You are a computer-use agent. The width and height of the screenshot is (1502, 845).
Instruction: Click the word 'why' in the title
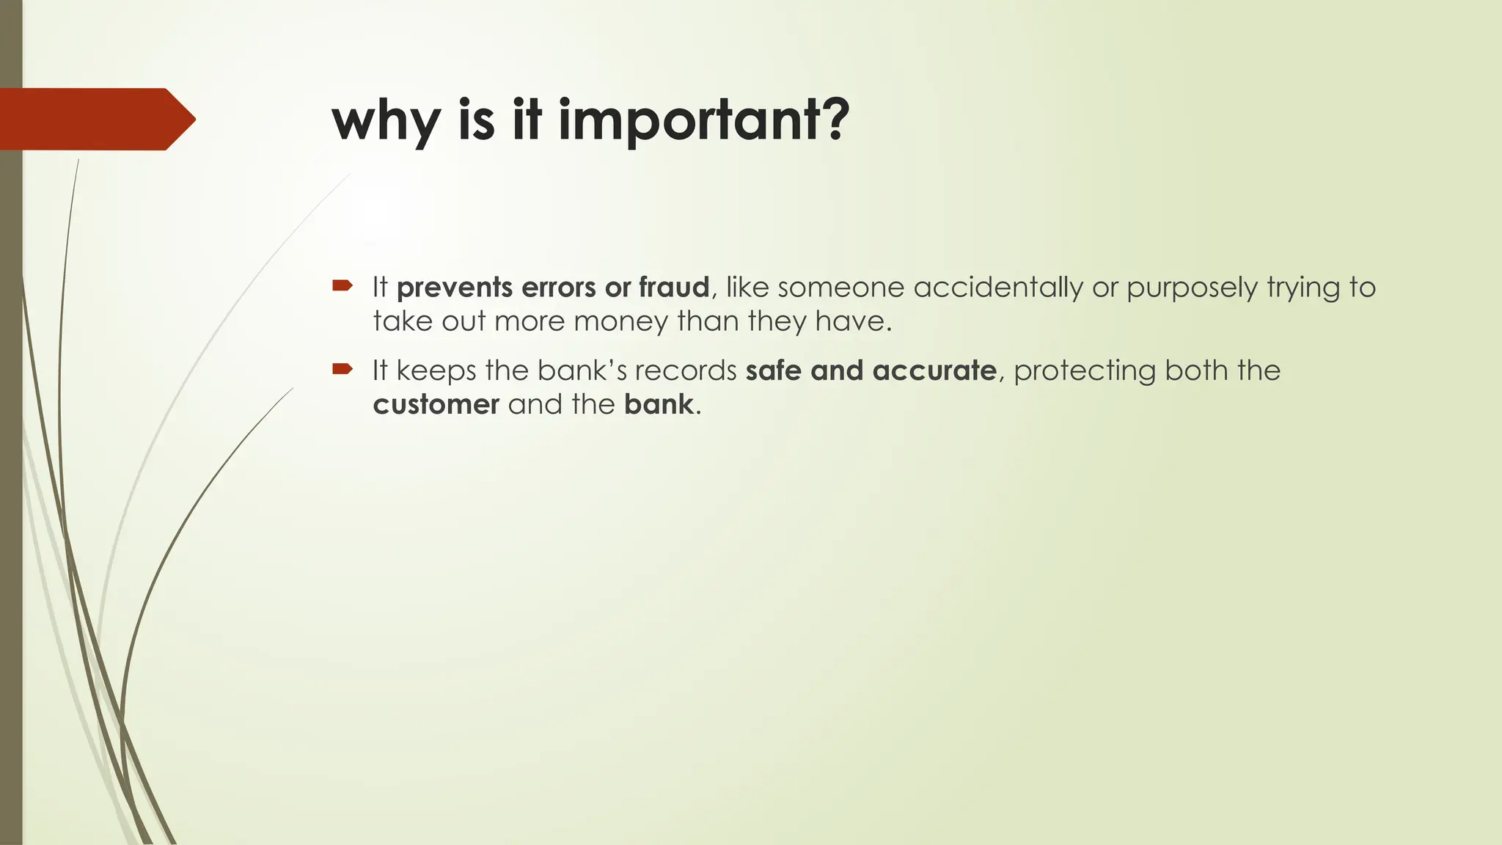[x=386, y=121]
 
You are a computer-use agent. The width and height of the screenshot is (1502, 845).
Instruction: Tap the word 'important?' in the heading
[x=704, y=121]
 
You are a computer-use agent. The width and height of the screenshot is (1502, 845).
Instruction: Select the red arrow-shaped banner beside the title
[x=95, y=119]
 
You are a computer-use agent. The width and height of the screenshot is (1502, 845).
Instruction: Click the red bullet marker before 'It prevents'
[x=342, y=285]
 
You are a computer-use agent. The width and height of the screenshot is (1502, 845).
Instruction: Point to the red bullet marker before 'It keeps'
[x=342, y=368]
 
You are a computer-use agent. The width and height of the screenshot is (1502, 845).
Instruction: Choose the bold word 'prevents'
[x=455, y=288]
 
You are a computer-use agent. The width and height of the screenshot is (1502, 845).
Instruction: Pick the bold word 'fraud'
[x=674, y=288]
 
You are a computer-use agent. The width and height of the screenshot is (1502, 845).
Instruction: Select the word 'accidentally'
[x=998, y=288]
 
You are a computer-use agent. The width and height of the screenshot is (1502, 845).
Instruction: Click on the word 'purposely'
[x=1193, y=288]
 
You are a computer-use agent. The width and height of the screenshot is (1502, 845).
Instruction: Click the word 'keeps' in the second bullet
[x=436, y=371]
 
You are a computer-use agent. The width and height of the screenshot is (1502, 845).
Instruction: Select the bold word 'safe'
[x=774, y=371]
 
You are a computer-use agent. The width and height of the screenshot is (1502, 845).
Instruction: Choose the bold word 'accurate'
[x=934, y=371]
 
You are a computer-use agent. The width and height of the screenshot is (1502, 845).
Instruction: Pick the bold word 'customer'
[x=436, y=405]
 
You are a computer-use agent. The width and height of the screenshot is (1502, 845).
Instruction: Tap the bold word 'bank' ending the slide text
[x=659, y=405]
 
